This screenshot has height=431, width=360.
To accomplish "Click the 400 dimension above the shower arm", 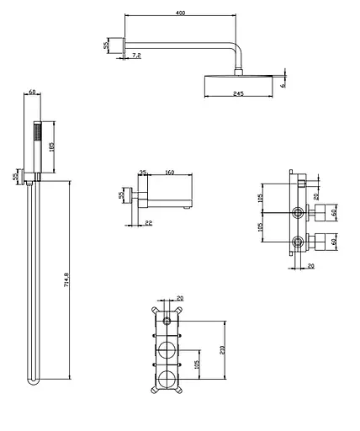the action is (x=181, y=13).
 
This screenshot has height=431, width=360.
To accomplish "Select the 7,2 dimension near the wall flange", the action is (x=136, y=56).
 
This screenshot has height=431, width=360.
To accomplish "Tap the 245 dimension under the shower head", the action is (x=238, y=93).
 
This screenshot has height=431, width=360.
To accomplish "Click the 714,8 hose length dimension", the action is (x=66, y=279).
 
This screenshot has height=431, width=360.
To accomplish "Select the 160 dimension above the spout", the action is (x=170, y=173).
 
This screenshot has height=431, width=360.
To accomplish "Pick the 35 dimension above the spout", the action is (x=143, y=173).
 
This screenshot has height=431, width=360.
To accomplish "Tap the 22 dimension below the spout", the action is (x=149, y=223).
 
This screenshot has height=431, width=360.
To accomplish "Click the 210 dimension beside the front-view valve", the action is (x=223, y=349).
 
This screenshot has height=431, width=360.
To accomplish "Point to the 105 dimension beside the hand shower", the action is (x=51, y=146).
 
